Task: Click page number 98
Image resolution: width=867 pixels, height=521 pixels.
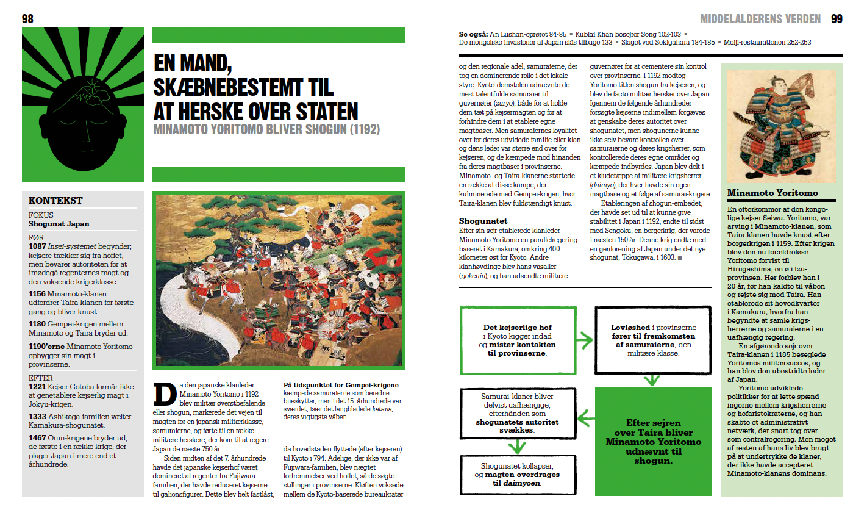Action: point(27,19)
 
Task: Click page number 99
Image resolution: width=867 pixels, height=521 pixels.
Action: point(837,19)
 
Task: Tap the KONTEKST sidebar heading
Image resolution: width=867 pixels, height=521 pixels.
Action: point(55,200)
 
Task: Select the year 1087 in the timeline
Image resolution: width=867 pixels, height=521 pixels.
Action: point(37,246)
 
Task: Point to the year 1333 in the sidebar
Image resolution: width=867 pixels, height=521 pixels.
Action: point(37,417)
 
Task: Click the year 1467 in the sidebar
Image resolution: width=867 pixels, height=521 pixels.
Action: point(37,437)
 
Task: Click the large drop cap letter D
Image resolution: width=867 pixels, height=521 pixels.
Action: point(165,395)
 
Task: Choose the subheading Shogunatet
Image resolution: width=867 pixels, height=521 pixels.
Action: point(483,221)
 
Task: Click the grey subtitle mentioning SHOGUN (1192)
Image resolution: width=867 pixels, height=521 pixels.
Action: point(266,129)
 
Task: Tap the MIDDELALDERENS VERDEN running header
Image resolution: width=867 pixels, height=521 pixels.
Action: point(760,19)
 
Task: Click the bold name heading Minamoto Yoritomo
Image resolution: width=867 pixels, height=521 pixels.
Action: point(772,193)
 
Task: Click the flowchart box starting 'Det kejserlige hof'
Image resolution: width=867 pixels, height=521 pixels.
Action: point(517,340)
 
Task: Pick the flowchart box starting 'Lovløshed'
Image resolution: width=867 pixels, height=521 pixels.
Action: point(653,340)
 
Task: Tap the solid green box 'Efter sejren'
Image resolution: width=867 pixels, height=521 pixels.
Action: point(653,442)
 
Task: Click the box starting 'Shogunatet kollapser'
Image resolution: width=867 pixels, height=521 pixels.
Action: point(517,475)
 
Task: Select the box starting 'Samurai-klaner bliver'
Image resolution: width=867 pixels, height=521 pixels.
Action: point(517,413)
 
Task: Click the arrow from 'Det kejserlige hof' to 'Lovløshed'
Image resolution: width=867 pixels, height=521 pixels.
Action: point(585,340)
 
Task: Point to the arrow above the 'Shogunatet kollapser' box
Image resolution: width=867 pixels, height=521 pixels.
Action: point(517,447)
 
